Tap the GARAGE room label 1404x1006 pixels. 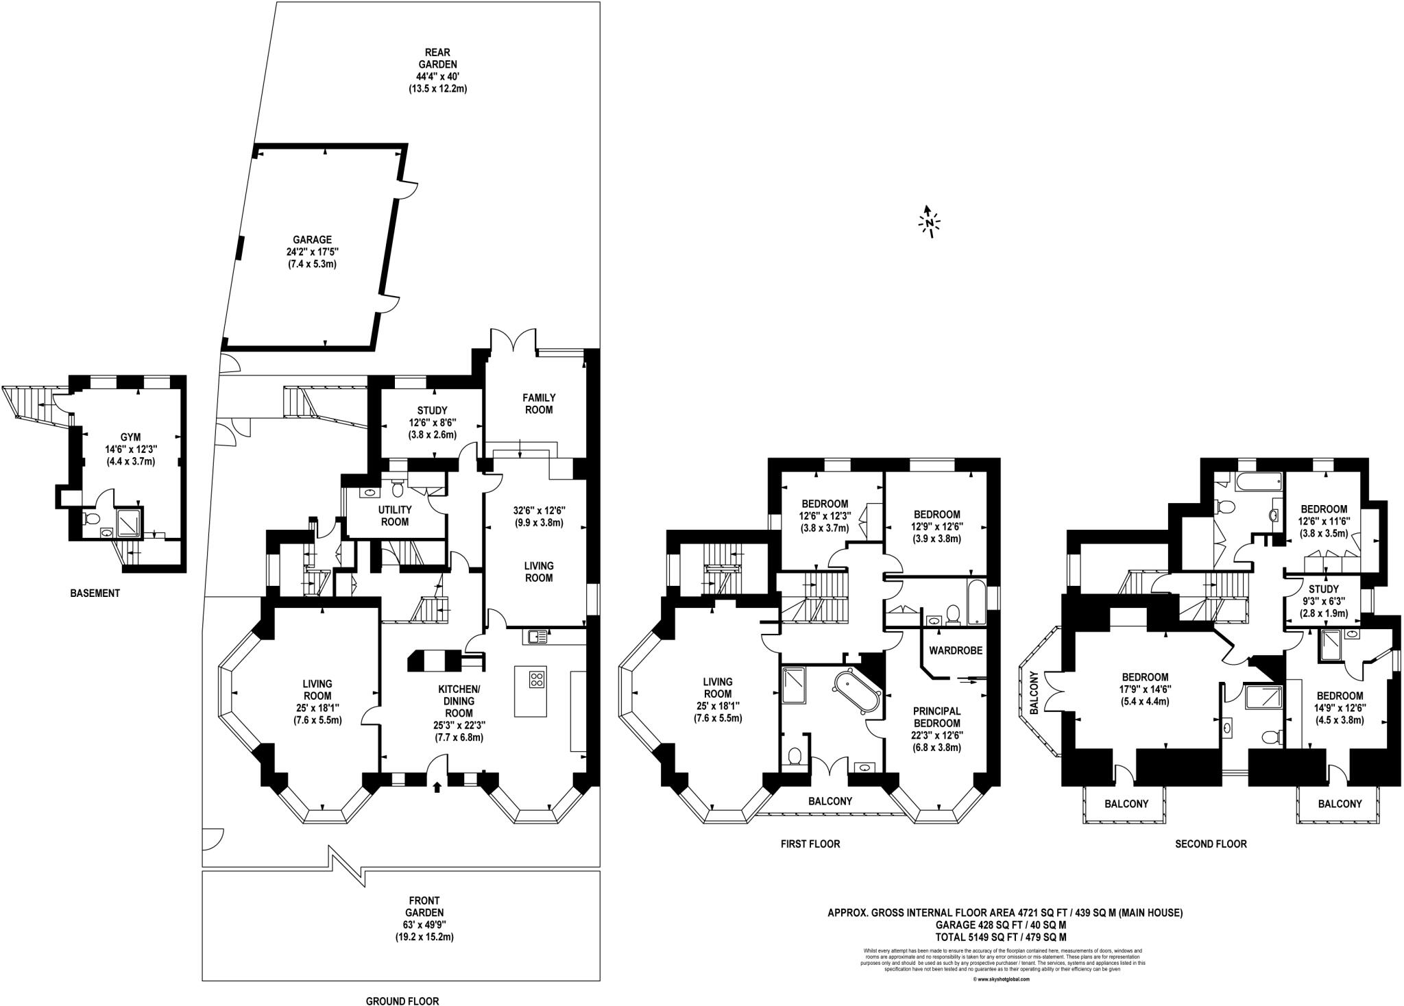pyautogui.click(x=312, y=240)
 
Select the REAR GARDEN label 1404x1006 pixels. pyautogui.click(x=437, y=52)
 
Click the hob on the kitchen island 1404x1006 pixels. pyautogui.click(x=535, y=679)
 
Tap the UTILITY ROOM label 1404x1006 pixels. pyautogui.click(x=394, y=515)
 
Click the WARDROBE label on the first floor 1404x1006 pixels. pyautogui.click(x=956, y=650)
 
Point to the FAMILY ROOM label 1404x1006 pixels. pyautogui.click(x=538, y=403)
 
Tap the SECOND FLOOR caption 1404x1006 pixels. pyautogui.click(x=1210, y=844)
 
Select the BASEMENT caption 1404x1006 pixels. pyautogui.click(x=95, y=593)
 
